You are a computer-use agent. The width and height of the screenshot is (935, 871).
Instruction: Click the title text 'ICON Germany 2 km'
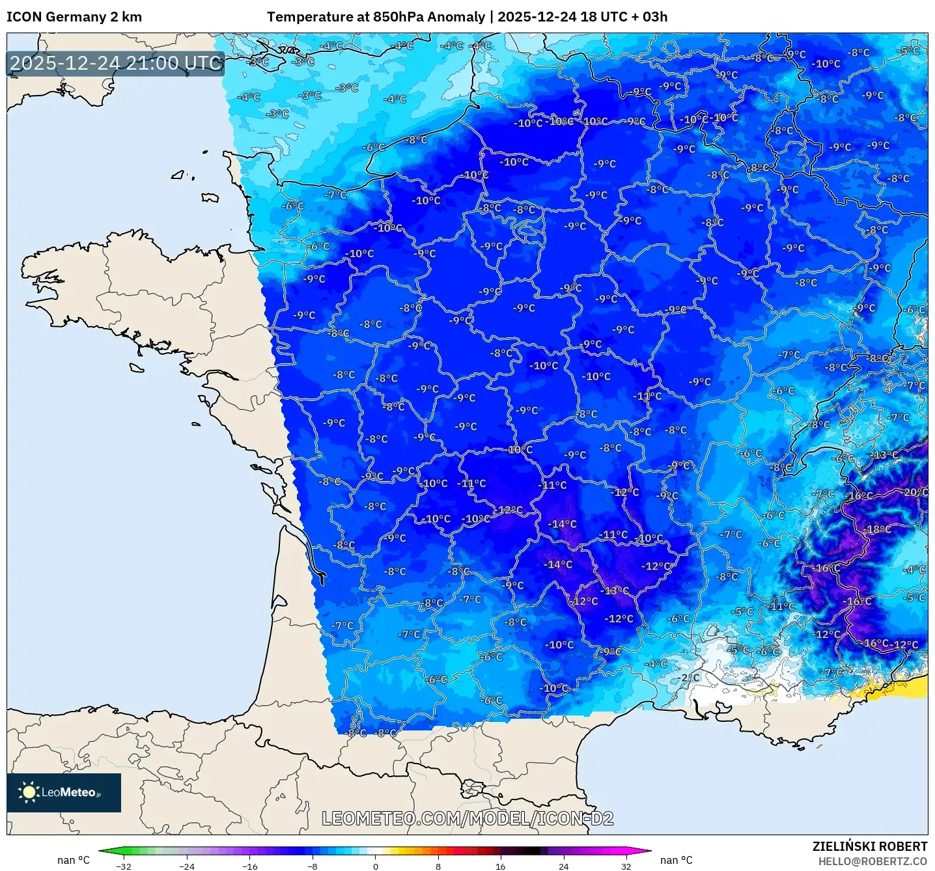(x=74, y=17)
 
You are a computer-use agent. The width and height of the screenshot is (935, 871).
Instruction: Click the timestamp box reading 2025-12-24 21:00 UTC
(x=116, y=63)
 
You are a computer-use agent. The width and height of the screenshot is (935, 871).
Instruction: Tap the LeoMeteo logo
(x=64, y=792)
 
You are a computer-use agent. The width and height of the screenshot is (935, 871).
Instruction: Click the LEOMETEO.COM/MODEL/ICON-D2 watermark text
(x=468, y=818)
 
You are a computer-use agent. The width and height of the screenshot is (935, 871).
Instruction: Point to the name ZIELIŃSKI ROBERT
(x=869, y=846)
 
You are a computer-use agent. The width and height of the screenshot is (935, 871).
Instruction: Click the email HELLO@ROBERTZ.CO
(x=872, y=861)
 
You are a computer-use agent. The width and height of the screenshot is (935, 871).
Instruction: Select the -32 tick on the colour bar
(x=123, y=866)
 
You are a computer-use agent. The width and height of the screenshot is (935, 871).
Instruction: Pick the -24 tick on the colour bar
(x=187, y=866)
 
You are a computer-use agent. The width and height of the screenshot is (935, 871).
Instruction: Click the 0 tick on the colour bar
(x=375, y=866)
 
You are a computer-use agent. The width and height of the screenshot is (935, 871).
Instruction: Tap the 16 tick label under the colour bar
(x=500, y=866)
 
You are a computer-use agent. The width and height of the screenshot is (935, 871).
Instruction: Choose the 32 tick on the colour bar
(x=626, y=866)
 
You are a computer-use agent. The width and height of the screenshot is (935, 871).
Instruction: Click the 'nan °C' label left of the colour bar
(x=74, y=860)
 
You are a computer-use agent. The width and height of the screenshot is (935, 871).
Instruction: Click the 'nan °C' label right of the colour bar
(x=677, y=860)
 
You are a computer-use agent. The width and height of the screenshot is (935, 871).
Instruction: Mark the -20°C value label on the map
(x=915, y=492)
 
